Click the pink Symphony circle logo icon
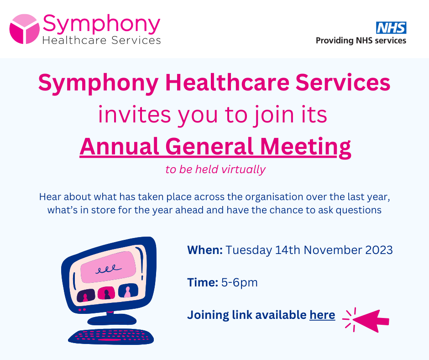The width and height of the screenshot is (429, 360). tap(25, 29)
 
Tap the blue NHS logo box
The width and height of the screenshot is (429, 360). tap(391, 28)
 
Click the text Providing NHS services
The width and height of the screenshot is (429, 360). tap(361, 41)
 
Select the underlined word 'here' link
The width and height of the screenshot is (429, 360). tap(322, 315)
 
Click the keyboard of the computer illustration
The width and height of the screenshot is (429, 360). tap(111, 337)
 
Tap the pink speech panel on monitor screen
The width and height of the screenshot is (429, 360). tap(108, 267)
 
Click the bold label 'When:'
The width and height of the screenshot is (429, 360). tap(205, 250)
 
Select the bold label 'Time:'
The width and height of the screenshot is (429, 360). tap(203, 282)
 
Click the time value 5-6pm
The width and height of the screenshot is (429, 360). tap(240, 282)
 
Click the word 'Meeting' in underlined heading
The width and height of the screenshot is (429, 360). tap(306, 148)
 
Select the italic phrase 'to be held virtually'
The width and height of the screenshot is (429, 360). tap(215, 169)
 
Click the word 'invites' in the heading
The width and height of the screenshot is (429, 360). tap(134, 115)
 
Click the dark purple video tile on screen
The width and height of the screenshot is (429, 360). tap(86, 296)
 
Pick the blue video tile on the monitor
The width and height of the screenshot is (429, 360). tap(128, 291)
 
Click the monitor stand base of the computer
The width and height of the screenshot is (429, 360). tap(112, 319)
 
